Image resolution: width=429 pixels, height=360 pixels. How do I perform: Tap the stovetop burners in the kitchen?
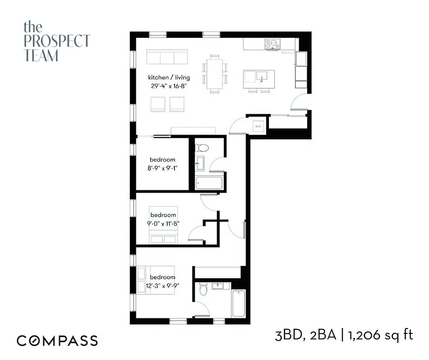click(x=272, y=44)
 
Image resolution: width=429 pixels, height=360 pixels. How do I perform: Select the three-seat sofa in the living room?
click(x=167, y=58)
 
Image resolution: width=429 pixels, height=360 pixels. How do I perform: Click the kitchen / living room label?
click(x=165, y=78)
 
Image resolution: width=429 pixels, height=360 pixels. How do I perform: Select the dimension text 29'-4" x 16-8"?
click(x=165, y=86)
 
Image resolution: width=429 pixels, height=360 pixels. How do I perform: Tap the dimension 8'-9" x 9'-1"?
click(x=162, y=168)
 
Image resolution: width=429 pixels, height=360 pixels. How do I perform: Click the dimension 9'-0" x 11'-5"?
click(x=163, y=223)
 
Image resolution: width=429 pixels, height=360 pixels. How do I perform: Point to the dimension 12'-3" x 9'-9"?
click(x=162, y=285)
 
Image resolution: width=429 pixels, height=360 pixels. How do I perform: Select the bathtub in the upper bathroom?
click(x=210, y=182)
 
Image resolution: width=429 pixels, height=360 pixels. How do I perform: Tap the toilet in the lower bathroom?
click(x=203, y=289)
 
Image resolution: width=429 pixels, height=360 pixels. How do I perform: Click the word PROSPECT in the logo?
click(x=56, y=41)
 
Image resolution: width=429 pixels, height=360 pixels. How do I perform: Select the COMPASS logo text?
click(x=57, y=341)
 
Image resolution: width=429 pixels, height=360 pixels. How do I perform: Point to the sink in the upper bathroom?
click(x=201, y=162)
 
